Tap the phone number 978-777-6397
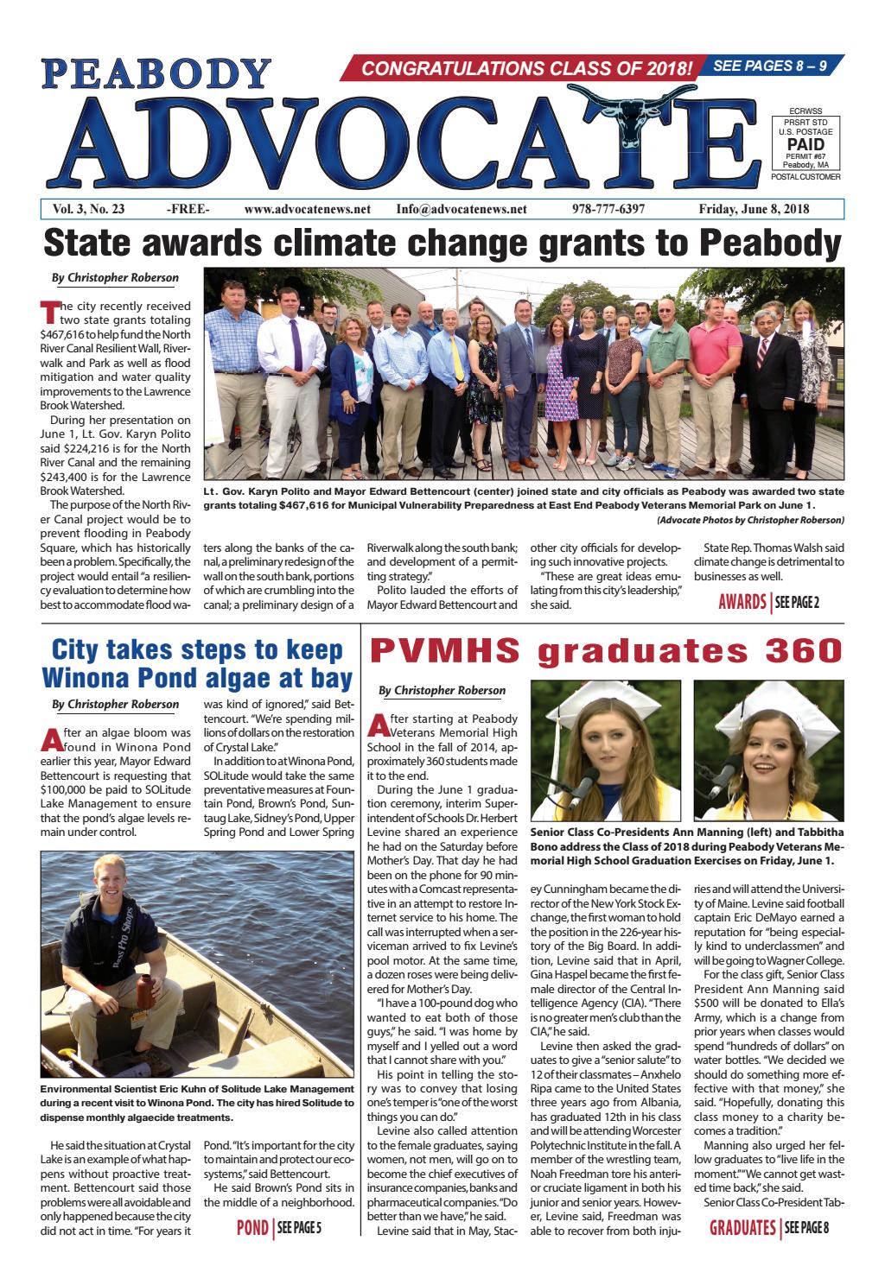pyautogui.click(x=608, y=209)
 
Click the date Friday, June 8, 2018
pyautogui.click(x=754, y=209)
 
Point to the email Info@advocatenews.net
pyautogui.click(x=462, y=209)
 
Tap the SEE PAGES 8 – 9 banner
pyautogui.click(x=774, y=65)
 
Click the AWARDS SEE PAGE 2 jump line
pyautogui.click(x=768, y=602)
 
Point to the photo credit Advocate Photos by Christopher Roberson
pyautogui.click(x=749, y=520)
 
